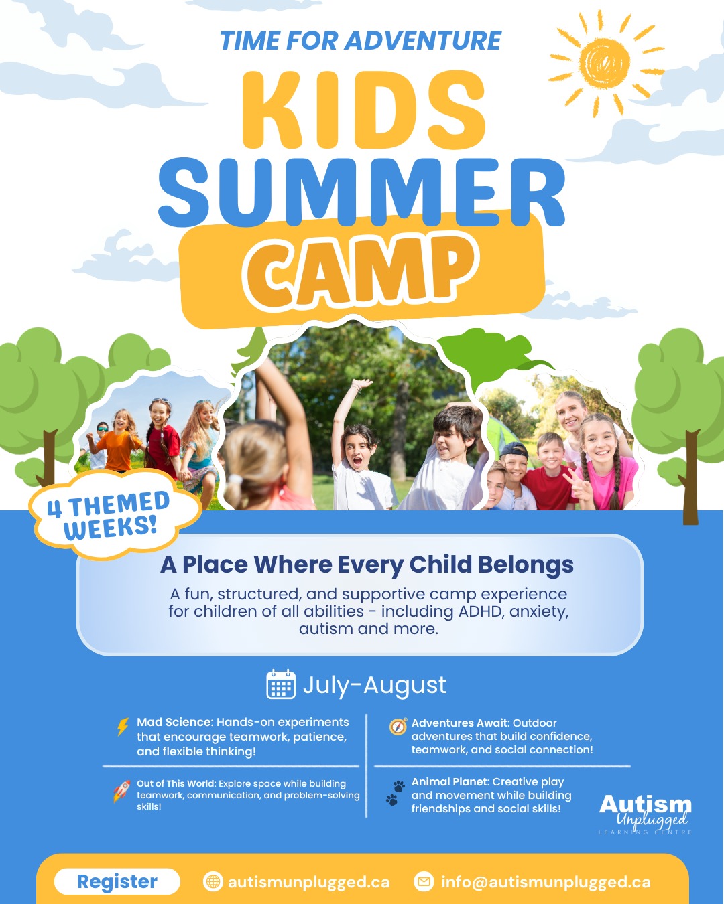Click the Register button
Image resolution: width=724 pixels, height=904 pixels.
[x=117, y=881]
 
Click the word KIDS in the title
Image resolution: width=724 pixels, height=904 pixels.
[x=363, y=110]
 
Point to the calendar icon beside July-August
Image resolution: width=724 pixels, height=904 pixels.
[x=281, y=684]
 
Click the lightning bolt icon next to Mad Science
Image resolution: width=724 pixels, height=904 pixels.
[x=123, y=727]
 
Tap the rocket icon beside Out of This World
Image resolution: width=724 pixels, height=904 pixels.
[x=122, y=791]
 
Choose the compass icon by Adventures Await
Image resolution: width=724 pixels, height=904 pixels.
[x=398, y=727]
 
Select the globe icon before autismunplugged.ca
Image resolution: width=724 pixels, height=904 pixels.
[x=213, y=882]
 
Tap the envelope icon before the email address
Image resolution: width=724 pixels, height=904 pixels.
[x=424, y=882]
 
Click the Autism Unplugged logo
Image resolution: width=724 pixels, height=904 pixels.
[x=645, y=813]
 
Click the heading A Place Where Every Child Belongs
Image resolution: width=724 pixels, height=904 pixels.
[x=367, y=565]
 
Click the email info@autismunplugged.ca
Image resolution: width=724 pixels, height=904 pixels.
[x=546, y=882]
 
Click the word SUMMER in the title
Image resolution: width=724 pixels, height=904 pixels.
[x=362, y=193]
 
